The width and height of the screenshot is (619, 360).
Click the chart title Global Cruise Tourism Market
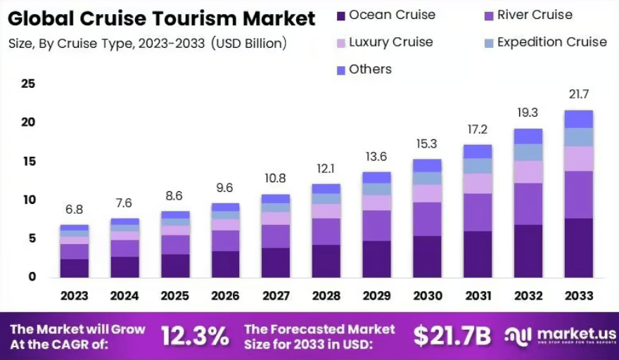[162, 18]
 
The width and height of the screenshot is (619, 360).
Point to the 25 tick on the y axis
[28, 84]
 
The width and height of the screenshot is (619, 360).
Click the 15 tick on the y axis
[28, 162]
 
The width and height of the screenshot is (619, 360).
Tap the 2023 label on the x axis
[74, 295]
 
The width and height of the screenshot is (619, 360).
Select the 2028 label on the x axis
[326, 295]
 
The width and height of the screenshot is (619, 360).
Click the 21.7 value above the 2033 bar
[579, 94]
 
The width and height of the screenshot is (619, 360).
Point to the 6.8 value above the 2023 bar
[74, 210]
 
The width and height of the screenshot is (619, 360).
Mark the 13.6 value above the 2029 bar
[376, 157]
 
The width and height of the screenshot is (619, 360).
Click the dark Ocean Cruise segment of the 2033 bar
[579, 247]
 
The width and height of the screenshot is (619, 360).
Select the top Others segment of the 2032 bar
[528, 136]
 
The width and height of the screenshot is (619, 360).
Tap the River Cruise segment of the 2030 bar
[427, 219]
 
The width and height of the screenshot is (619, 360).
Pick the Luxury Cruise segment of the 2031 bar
[478, 184]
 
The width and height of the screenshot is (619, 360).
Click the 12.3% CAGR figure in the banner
[195, 336]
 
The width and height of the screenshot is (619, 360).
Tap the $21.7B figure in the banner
[452, 336]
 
